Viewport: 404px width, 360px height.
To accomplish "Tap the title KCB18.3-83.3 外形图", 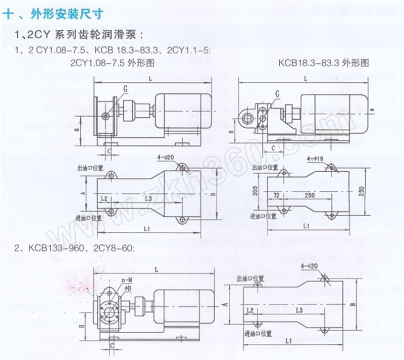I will (x=324, y=64).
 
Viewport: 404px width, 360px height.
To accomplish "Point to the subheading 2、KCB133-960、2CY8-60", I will (x=74, y=247).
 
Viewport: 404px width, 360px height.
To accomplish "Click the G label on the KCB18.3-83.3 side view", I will (x=277, y=93).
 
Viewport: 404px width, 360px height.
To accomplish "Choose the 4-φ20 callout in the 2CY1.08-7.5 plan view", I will (x=166, y=158).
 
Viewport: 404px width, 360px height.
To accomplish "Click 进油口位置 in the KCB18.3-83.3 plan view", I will (x=264, y=216).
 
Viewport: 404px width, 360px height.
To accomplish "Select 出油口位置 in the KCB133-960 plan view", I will (x=251, y=278).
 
